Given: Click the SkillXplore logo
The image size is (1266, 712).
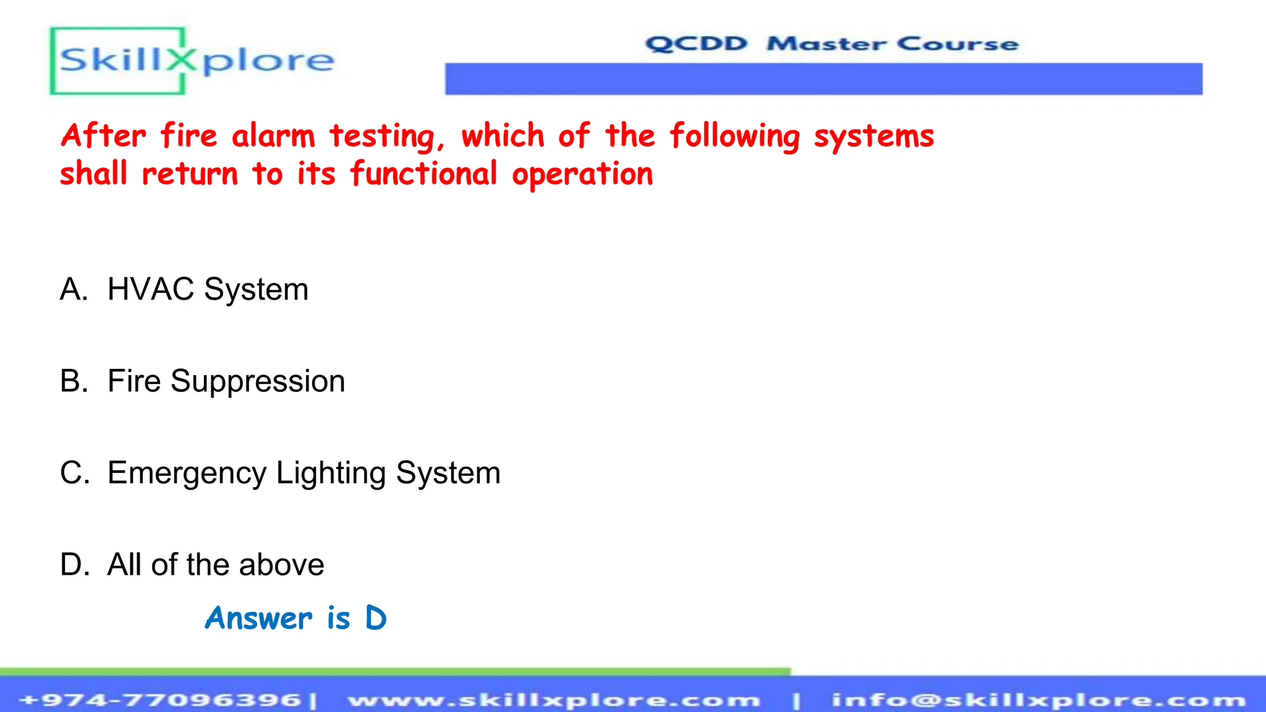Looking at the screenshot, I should tap(193, 61).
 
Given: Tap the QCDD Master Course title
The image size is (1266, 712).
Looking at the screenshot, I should tap(831, 44).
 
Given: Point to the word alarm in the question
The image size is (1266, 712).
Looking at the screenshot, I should tap(273, 135).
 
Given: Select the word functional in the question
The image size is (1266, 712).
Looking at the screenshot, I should tap(423, 174).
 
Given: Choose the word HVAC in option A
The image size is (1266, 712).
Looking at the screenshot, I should tap(151, 289).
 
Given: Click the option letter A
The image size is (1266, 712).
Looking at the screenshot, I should tap(73, 289).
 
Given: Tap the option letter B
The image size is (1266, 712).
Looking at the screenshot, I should tap(73, 381).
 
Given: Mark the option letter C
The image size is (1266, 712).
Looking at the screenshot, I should tap(74, 473).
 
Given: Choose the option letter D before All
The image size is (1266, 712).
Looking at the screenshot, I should tap(74, 564).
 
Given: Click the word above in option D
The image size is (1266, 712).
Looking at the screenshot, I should tap(281, 565).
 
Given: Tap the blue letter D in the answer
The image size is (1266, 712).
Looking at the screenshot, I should tap(376, 618).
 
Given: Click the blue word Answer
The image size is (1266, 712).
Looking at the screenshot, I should tap(258, 618).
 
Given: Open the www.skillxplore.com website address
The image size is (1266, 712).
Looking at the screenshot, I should tap(554, 700).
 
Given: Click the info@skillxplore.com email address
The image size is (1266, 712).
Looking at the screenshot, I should tap(1039, 700).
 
